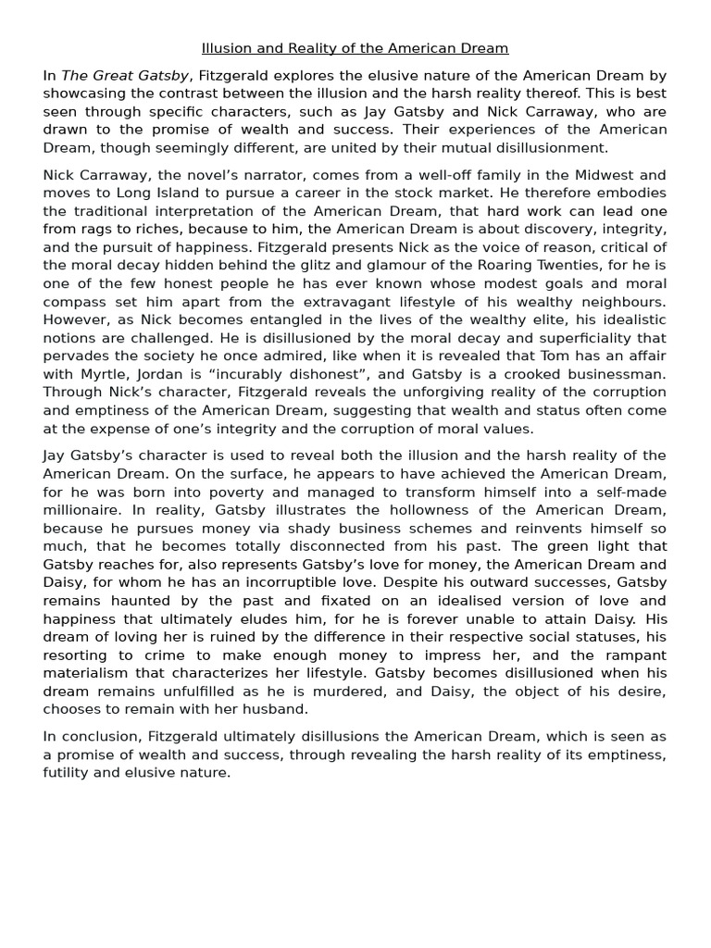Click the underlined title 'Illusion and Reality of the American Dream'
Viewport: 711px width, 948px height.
click(x=355, y=48)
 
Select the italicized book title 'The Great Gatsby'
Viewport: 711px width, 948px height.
click(x=125, y=76)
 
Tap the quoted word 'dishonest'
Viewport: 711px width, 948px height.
click(x=306, y=374)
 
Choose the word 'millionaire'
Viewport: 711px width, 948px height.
click(x=81, y=509)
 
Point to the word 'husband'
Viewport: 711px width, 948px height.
click(x=272, y=708)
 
